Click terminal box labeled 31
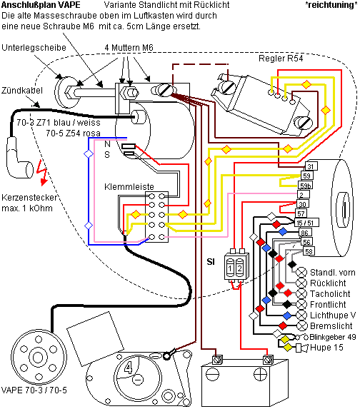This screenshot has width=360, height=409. (x=311, y=166)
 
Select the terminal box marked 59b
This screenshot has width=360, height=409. (x=306, y=186)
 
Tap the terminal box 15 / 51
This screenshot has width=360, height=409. (x=306, y=223)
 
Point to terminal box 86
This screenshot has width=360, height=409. (x=305, y=233)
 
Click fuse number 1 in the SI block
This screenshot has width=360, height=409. (x=230, y=268)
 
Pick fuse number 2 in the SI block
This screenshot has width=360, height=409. (x=240, y=268)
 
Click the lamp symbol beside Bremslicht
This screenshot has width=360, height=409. (x=301, y=325)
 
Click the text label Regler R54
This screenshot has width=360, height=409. (x=281, y=58)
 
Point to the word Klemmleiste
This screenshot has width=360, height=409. (x=129, y=187)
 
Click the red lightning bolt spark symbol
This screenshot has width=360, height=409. (x=42, y=172)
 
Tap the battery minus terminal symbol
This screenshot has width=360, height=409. (x=213, y=375)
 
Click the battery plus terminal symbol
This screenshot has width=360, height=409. (x=260, y=375)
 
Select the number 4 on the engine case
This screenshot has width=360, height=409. (x=128, y=368)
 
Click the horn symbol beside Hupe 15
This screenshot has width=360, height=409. (x=302, y=348)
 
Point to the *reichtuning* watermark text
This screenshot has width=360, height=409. (x=331, y=5)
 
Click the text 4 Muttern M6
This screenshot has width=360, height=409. (x=129, y=48)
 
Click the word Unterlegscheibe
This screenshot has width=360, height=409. (x=34, y=48)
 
